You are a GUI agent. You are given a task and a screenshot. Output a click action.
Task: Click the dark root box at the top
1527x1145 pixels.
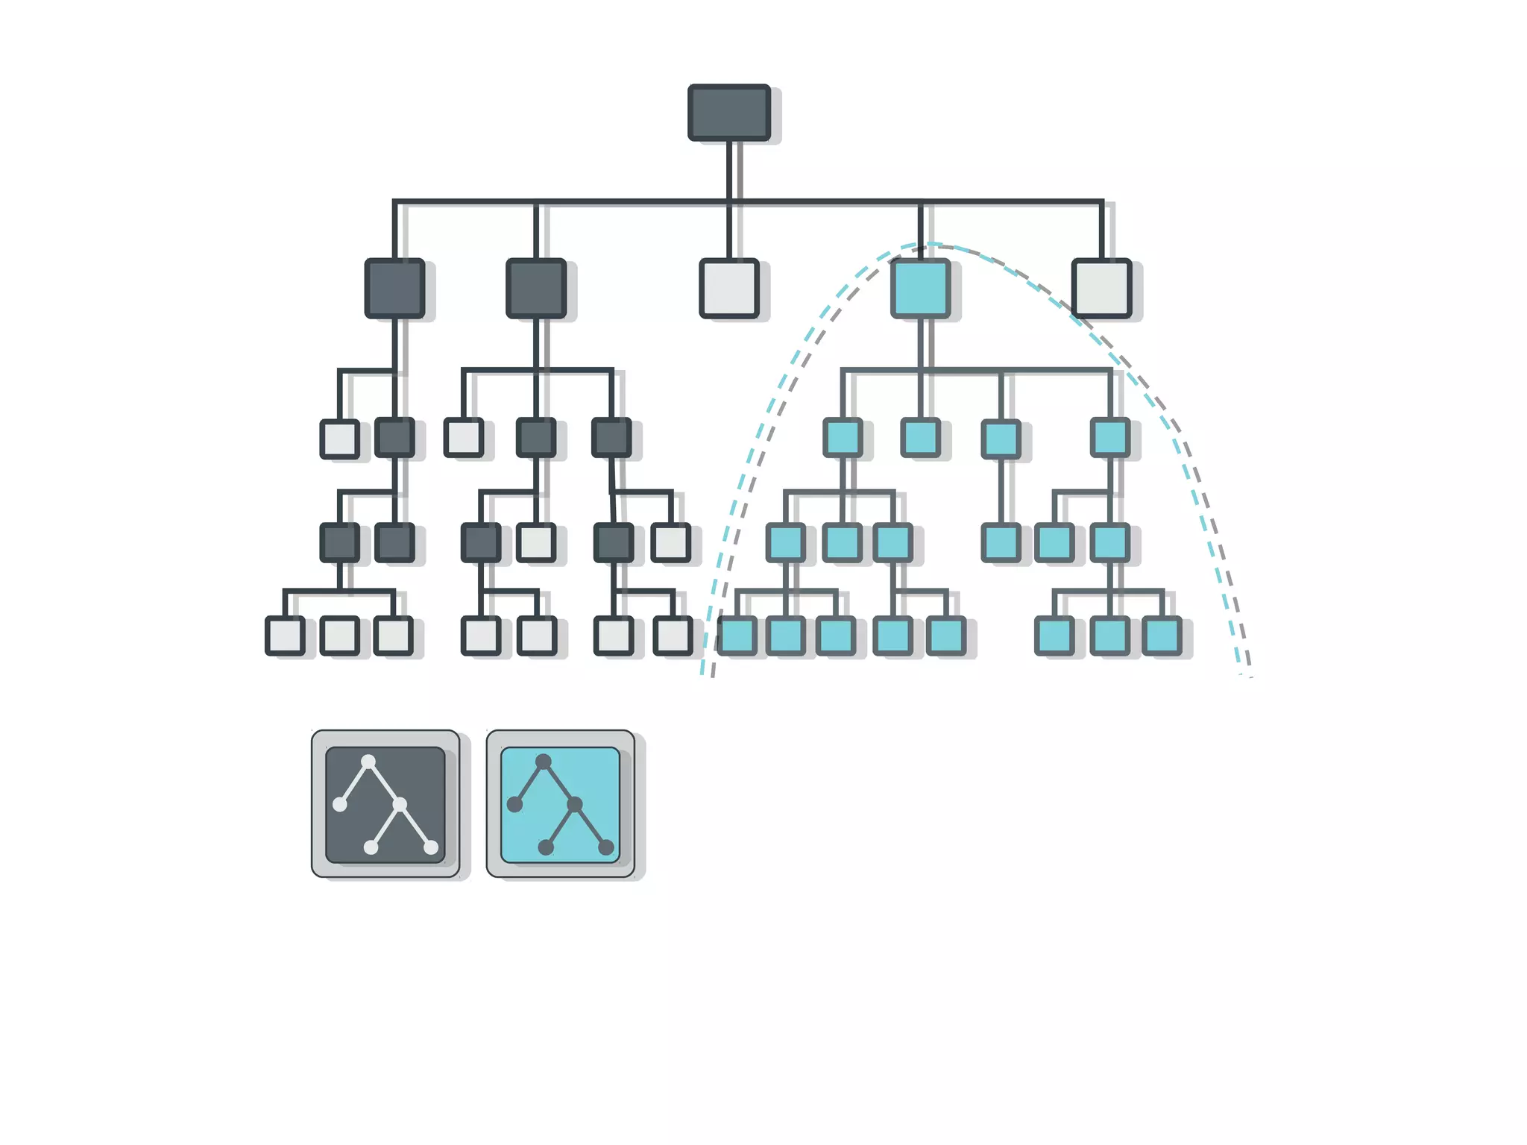click(x=728, y=113)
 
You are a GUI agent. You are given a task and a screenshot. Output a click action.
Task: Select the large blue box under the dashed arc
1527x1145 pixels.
click(x=920, y=288)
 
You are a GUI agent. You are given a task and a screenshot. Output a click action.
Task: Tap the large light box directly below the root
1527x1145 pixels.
click(x=729, y=288)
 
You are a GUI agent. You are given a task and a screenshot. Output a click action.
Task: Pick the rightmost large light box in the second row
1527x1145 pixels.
click(x=1101, y=288)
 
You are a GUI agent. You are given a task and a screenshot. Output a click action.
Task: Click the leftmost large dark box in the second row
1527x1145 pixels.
click(x=394, y=288)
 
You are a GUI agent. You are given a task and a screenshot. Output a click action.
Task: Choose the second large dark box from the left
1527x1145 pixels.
click(x=535, y=288)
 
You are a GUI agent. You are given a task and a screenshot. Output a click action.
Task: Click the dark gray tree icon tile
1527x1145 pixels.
click(x=385, y=804)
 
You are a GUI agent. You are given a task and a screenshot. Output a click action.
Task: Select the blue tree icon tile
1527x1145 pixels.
click(x=560, y=804)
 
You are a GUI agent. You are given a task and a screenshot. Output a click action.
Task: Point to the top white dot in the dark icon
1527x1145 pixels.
click(x=368, y=762)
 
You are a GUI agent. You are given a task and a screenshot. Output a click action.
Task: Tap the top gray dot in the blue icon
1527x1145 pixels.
click(x=544, y=762)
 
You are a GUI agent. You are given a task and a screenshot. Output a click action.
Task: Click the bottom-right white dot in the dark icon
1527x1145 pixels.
click(x=431, y=847)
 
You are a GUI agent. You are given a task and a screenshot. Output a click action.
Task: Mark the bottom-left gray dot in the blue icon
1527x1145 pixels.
click(x=546, y=847)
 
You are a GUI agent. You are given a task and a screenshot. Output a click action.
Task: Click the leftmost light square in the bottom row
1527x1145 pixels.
click(x=285, y=636)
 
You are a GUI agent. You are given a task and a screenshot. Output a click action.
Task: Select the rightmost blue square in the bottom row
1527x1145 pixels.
click(x=1162, y=636)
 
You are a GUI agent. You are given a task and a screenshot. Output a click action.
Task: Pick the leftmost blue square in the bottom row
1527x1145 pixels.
click(x=737, y=636)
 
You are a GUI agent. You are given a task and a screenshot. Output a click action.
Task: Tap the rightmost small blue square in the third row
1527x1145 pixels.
click(x=1109, y=437)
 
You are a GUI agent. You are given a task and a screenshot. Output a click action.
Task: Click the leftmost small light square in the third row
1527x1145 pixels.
click(x=339, y=438)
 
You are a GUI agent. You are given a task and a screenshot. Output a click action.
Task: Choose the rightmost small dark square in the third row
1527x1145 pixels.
click(x=611, y=437)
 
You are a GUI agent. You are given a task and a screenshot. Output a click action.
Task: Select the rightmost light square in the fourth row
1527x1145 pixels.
click(x=670, y=542)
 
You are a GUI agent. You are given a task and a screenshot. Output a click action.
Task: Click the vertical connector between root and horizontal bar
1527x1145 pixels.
click(x=729, y=170)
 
